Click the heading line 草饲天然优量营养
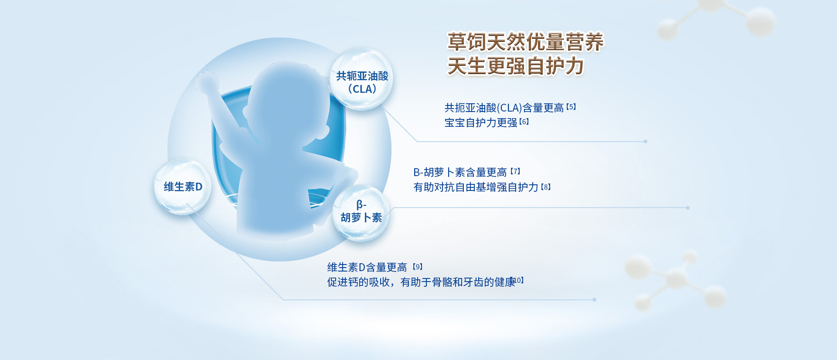point(525,42)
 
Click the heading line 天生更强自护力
point(516,66)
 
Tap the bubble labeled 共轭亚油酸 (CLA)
point(361,79)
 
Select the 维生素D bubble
point(183,187)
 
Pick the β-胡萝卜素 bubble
point(361,213)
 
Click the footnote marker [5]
point(571,107)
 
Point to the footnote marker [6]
point(524,122)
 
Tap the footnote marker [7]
point(515,171)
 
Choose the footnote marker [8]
point(546,187)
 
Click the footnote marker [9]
point(418,266)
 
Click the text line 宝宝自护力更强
point(481,123)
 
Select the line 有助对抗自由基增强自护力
point(476,187)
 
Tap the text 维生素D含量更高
point(367,267)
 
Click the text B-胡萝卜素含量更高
point(460,173)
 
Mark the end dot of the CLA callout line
point(646,141)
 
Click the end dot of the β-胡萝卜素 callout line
point(688,208)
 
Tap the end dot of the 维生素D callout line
point(595,299)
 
